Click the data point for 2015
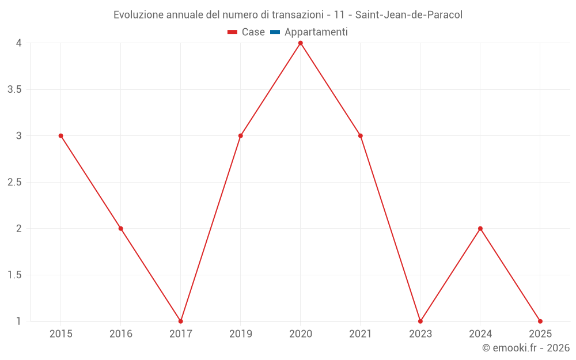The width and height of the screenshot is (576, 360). click(x=60, y=136)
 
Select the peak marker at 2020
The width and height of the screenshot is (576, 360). click(x=301, y=43)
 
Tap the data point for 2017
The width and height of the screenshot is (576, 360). click(x=181, y=321)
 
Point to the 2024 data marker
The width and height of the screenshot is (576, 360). click(x=480, y=229)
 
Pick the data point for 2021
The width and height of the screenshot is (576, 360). click(x=361, y=136)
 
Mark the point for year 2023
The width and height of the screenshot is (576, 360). click(x=420, y=321)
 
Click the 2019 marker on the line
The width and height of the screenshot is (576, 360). click(x=241, y=136)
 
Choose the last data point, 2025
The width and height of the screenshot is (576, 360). click(x=540, y=321)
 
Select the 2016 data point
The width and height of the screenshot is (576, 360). click(x=121, y=229)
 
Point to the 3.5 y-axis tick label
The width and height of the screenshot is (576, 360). click(x=14, y=90)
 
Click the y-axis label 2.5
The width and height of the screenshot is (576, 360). click(x=14, y=183)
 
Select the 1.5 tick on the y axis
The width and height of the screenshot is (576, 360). click(x=14, y=275)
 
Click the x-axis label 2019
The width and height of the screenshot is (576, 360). click(x=241, y=334)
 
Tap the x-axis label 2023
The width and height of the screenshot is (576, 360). click(x=420, y=334)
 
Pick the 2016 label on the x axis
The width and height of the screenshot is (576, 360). click(x=121, y=334)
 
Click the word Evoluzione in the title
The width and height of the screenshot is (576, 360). click(x=138, y=15)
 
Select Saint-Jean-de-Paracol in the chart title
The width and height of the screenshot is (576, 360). click(x=408, y=15)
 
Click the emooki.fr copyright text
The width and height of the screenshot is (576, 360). click(x=526, y=348)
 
